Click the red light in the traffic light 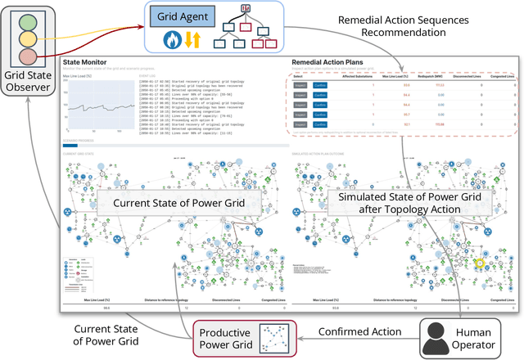pos(26,56)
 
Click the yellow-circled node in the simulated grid pos(480,263)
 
